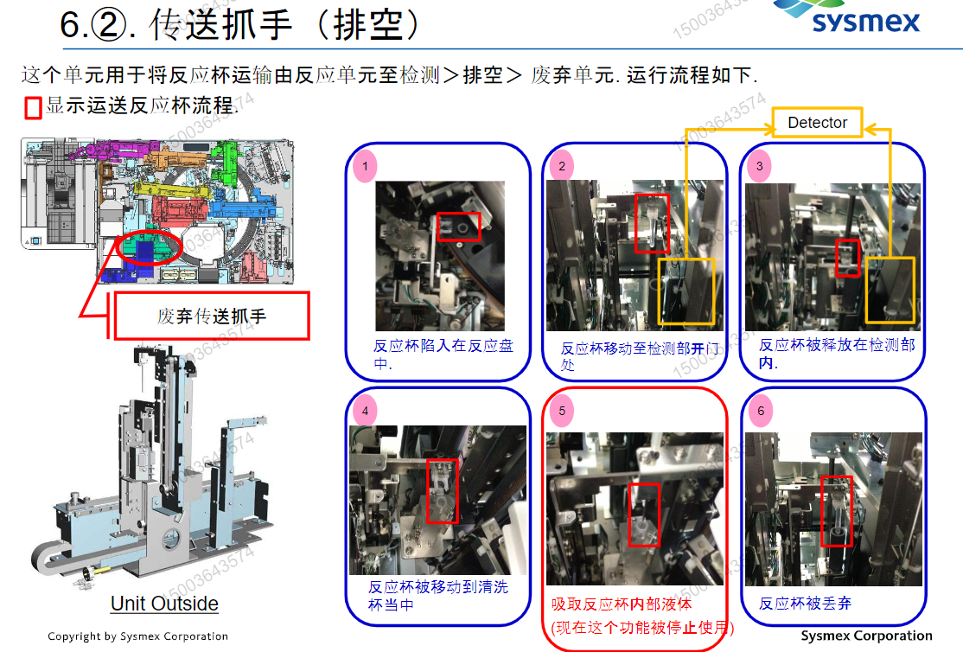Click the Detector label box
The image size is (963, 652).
tap(817, 123)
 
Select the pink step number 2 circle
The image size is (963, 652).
tap(562, 166)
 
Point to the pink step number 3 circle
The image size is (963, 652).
tap(759, 166)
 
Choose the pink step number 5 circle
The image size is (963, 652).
tap(562, 411)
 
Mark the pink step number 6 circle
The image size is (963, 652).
tap(761, 411)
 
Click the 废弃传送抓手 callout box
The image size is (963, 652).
tap(211, 316)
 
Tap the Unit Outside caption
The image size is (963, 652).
tap(164, 604)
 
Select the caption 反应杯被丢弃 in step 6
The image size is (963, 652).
tap(805, 604)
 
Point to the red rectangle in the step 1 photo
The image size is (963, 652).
tap(458, 227)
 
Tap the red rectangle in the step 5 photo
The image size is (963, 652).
tap(644, 515)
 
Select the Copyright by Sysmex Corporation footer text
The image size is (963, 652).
tap(137, 636)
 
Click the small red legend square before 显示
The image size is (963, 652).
tap(33, 107)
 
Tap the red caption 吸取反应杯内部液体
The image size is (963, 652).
tap(622, 604)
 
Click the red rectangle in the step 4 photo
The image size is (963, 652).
tap(443, 490)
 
